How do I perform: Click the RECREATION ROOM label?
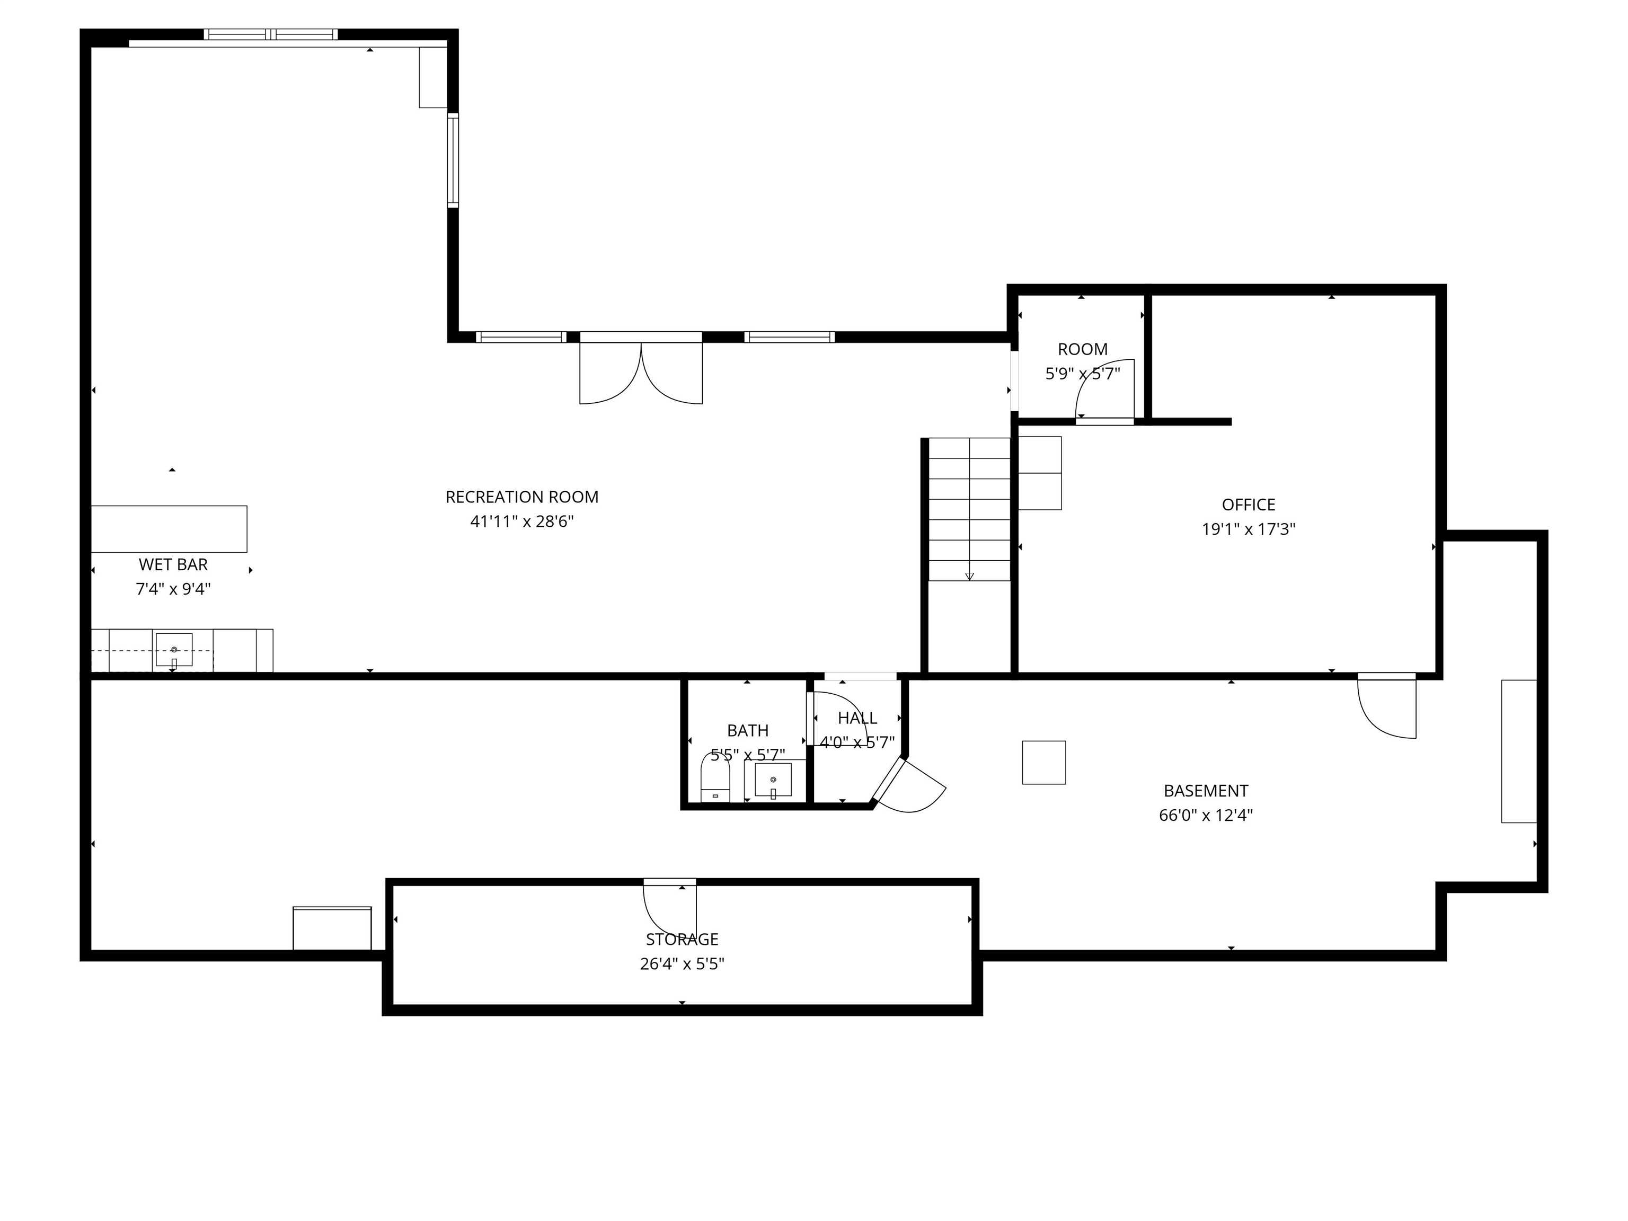tap(522, 497)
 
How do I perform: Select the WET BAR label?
tap(173, 564)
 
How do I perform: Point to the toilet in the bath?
tap(715, 778)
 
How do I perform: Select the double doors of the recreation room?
tap(641, 371)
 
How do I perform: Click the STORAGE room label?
tap(682, 939)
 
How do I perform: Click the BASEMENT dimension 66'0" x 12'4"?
tap(1206, 815)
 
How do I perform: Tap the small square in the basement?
tap(1043, 763)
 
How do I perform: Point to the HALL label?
tap(857, 718)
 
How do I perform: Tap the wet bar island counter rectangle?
tap(169, 528)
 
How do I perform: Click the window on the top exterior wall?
tap(271, 34)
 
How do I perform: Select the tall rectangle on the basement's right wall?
tap(1518, 751)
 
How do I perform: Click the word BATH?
tap(748, 730)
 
